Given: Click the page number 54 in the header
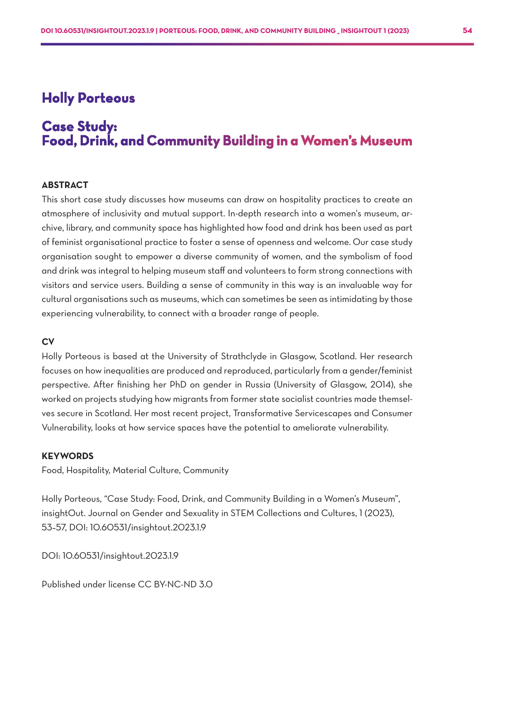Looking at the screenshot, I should pos(467,31).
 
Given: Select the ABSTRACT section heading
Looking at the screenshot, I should pos(65,185).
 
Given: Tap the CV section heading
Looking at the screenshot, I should pos(48,342).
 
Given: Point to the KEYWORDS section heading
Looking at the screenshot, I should pos(67,456).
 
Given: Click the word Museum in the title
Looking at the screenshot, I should pos(386,141).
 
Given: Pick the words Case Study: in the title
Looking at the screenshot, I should pos(80,126).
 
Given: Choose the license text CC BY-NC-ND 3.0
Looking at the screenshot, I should pos(175,585).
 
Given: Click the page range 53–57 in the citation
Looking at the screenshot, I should pos(54,528).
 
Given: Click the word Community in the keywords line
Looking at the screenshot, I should pos(206,470).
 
